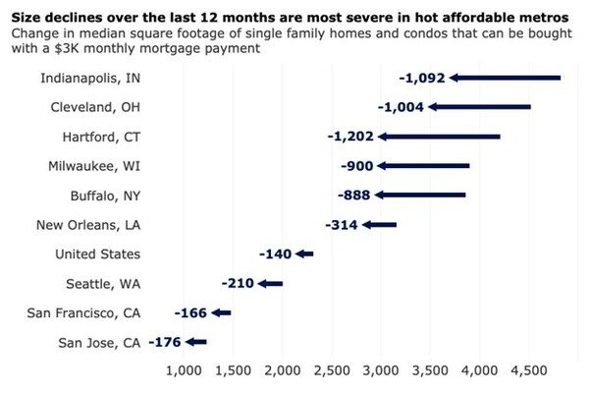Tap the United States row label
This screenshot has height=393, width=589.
tap(97, 254)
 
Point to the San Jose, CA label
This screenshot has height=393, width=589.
tap(100, 343)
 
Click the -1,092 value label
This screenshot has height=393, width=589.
tap(423, 78)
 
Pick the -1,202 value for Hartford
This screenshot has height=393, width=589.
tap(351, 137)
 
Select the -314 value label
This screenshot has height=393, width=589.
tap(341, 225)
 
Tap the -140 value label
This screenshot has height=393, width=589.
tap(276, 254)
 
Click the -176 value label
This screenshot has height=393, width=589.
tap(165, 343)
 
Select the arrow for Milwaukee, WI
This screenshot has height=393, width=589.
tap(423, 166)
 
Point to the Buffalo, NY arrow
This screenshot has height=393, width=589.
tap(421, 196)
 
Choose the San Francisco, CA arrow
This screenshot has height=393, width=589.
tap(221, 313)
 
